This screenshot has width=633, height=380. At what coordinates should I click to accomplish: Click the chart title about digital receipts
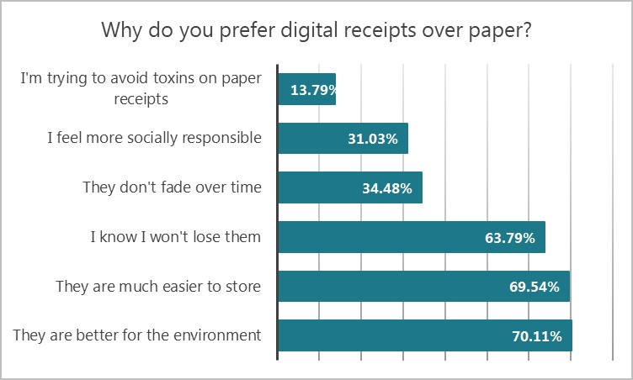(x=316, y=32)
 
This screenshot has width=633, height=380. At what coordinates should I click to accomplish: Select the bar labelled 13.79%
(x=307, y=89)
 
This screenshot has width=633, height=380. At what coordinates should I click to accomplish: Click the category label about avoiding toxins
(x=141, y=88)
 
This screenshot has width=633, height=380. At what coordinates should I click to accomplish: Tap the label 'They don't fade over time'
(x=173, y=187)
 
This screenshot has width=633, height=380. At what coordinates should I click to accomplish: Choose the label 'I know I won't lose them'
(x=176, y=237)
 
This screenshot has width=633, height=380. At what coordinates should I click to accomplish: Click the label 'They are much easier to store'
(x=158, y=287)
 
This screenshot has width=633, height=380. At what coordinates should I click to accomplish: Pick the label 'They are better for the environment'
(x=137, y=336)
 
